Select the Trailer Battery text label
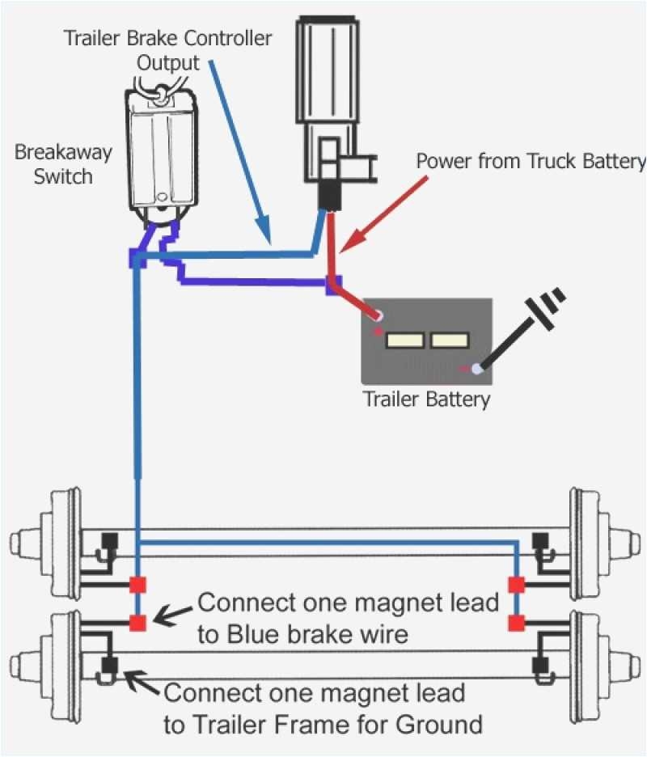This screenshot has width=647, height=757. coord(426,399)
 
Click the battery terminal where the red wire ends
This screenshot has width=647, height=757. coord(377,315)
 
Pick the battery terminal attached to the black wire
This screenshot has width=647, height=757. coord(477,369)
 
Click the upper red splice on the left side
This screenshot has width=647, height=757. coord(137,585)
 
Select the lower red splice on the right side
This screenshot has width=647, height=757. coord(515,622)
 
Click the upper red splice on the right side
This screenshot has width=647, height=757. coord(515,584)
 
